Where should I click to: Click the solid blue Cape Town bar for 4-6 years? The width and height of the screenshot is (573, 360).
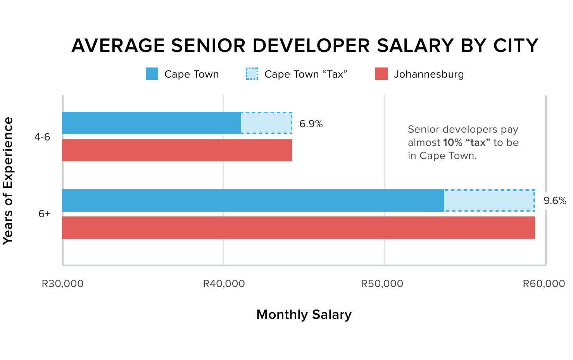[152, 123]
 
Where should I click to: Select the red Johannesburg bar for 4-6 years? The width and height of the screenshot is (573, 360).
[177, 150]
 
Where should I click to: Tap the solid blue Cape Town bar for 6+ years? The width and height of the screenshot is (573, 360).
[253, 201]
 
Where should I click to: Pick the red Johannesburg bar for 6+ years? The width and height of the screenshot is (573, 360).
[298, 228]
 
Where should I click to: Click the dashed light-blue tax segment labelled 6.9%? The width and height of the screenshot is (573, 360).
[267, 123]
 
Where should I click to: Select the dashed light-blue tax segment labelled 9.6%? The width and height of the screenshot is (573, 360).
[489, 201]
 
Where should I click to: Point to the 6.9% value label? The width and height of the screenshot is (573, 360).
[311, 124]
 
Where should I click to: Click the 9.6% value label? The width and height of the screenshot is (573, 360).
[555, 201]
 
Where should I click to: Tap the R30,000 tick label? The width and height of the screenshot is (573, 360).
[62, 284]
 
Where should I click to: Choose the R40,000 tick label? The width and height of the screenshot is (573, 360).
[224, 284]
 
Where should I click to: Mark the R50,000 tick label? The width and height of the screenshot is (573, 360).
[382, 284]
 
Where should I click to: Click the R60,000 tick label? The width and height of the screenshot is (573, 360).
[544, 284]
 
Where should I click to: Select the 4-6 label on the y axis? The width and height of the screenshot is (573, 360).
[42, 137]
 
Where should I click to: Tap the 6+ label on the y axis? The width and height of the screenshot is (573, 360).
[44, 214]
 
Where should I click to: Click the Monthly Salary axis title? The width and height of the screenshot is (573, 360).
[304, 315]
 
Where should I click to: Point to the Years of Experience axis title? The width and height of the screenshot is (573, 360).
[8, 181]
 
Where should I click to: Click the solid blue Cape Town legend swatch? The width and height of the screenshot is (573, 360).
[152, 74]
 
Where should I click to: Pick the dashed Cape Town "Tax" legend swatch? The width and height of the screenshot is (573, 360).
[252, 74]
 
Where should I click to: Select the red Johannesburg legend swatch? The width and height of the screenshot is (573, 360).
[381, 74]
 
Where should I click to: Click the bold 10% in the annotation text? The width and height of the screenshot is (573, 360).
[452, 143]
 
